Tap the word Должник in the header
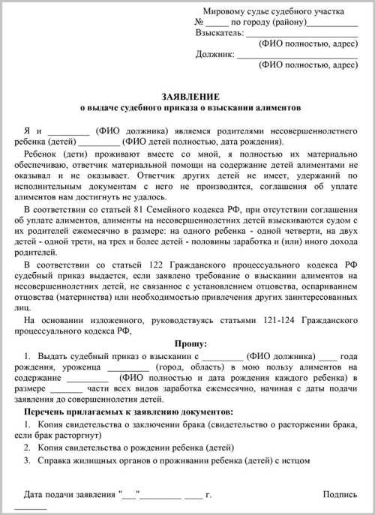point(214,54)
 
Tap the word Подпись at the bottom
point(340,496)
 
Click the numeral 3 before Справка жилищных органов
point(28,460)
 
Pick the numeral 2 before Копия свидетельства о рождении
point(28,447)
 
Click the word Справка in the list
point(52,460)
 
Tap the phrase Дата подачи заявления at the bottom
point(70,496)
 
